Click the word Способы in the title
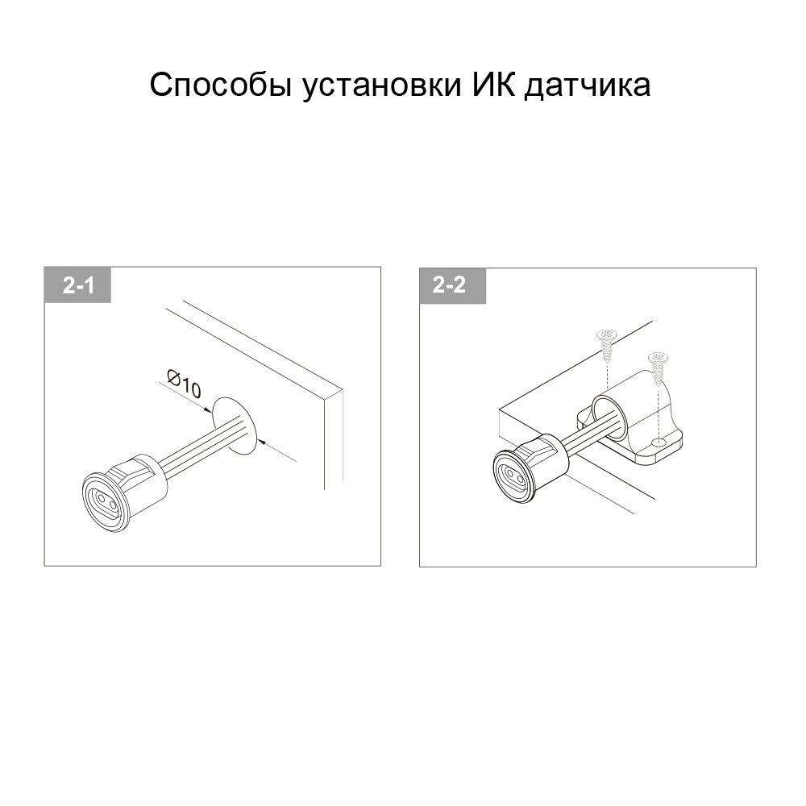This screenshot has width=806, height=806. pyautogui.click(x=221, y=85)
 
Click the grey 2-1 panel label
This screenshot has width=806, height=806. pyautogui.click(x=77, y=285)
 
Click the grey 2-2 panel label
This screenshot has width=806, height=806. pyautogui.click(x=453, y=285)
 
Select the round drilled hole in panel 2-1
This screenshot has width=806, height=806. pyautogui.click(x=234, y=426)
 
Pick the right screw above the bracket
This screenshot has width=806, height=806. pyautogui.click(x=658, y=368)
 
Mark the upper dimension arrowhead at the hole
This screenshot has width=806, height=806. pyautogui.click(x=208, y=409)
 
